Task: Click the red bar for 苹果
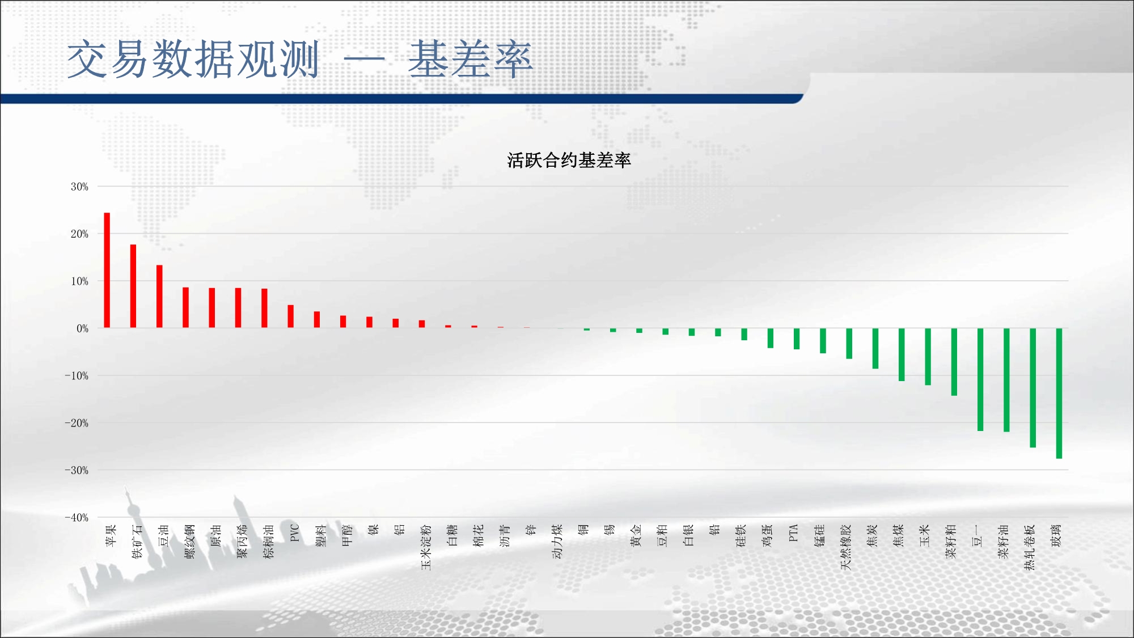point(107,270)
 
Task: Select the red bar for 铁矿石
point(133,286)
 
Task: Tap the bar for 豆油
point(159,296)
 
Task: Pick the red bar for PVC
point(291,316)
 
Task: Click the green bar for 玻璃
point(1059,393)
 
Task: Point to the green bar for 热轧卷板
point(1033,388)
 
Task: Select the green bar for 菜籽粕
point(954,362)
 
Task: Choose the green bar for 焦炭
point(875,348)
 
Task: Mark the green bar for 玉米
point(928,357)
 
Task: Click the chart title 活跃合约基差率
point(569,160)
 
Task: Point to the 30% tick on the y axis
point(79,187)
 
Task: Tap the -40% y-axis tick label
point(77,517)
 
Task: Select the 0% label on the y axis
point(83,328)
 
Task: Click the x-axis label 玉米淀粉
point(426,547)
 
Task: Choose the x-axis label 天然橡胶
point(846,547)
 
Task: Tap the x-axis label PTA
point(793,533)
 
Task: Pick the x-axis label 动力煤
point(557,542)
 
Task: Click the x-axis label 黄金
point(636,536)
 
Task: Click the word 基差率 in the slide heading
point(470,59)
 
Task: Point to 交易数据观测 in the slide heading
point(193,59)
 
